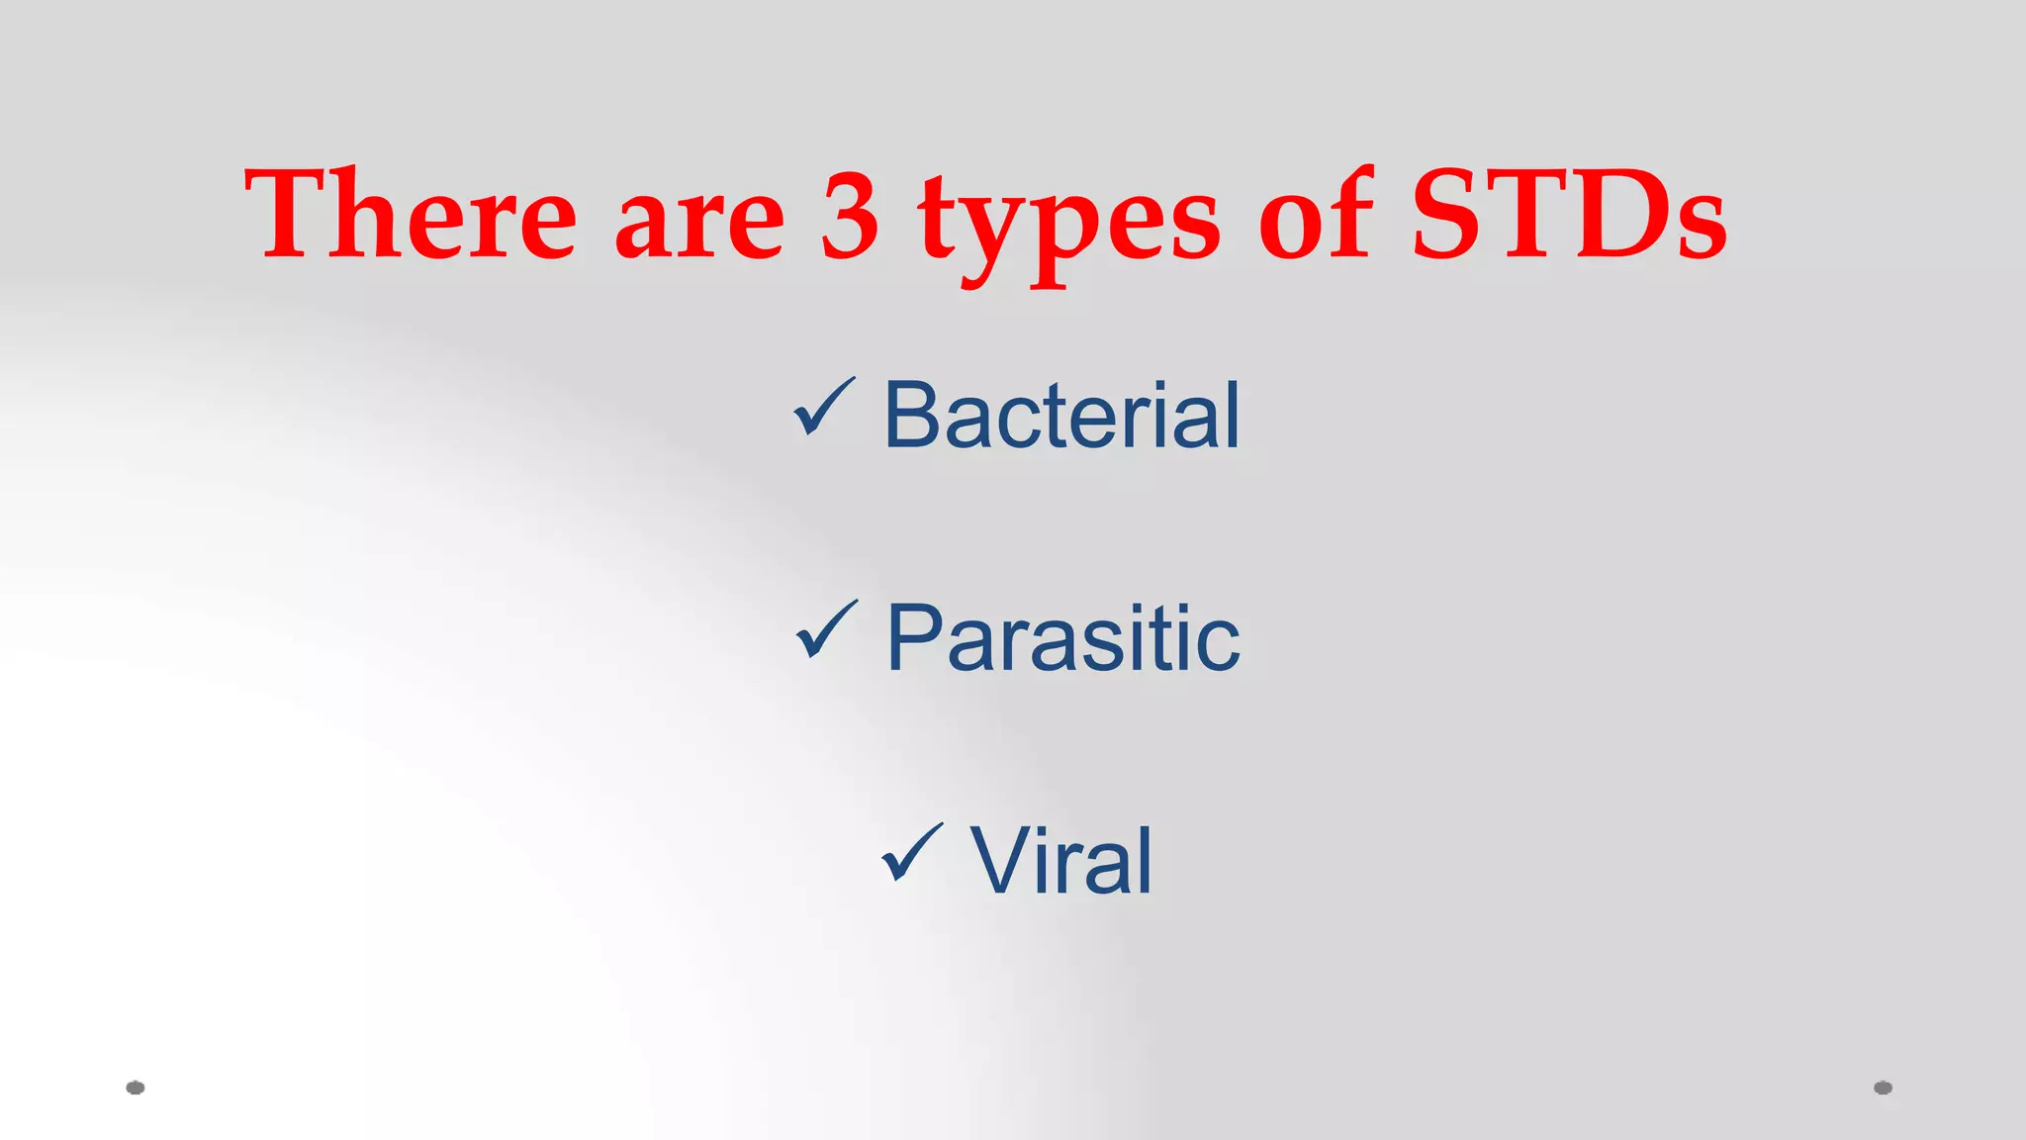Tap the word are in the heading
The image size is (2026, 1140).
(x=699, y=223)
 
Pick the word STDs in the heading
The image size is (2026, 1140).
(x=1568, y=215)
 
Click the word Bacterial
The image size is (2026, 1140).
(x=1060, y=416)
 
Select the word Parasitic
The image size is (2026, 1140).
(x=1062, y=639)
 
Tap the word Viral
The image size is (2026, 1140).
(x=1060, y=862)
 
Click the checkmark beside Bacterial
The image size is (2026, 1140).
(x=823, y=408)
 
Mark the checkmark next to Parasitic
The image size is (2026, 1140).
(x=825, y=630)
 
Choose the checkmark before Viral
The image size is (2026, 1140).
(x=910, y=853)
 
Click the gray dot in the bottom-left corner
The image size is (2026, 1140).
(x=136, y=1088)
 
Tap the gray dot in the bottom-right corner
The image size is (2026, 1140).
(x=1883, y=1088)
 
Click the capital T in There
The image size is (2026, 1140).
(x=293, y=215)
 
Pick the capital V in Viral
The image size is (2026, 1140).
(x=1001, y=862)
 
